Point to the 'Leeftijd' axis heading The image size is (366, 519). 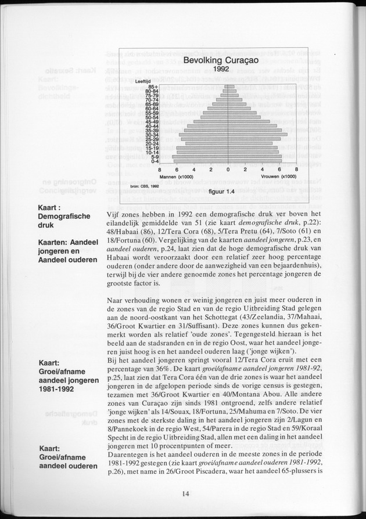coord(143,81)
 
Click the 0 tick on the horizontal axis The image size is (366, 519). coord(228,170)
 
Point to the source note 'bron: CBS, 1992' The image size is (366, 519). coord(145,186)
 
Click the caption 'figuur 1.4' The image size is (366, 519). coord(221,191)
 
